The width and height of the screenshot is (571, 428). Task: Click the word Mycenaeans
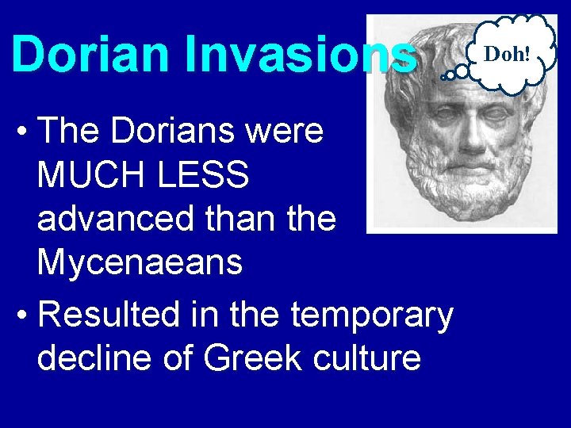[140, 262]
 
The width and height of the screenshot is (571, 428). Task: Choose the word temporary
[373, 315]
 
